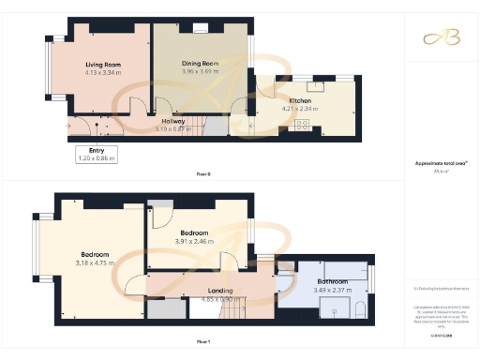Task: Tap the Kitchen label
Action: [300, 100]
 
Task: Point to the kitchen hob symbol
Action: [303, 124]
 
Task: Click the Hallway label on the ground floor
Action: [172, 120]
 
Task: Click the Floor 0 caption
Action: [203, 174]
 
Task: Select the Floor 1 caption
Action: [203, 343]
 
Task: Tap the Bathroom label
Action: [333, 281]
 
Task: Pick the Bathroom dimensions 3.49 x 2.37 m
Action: [333, 290]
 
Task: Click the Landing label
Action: [221, 291]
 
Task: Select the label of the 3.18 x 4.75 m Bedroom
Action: [95, 254]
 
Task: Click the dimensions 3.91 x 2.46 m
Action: [195, 242]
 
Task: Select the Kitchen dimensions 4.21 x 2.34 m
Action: [300, 109]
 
